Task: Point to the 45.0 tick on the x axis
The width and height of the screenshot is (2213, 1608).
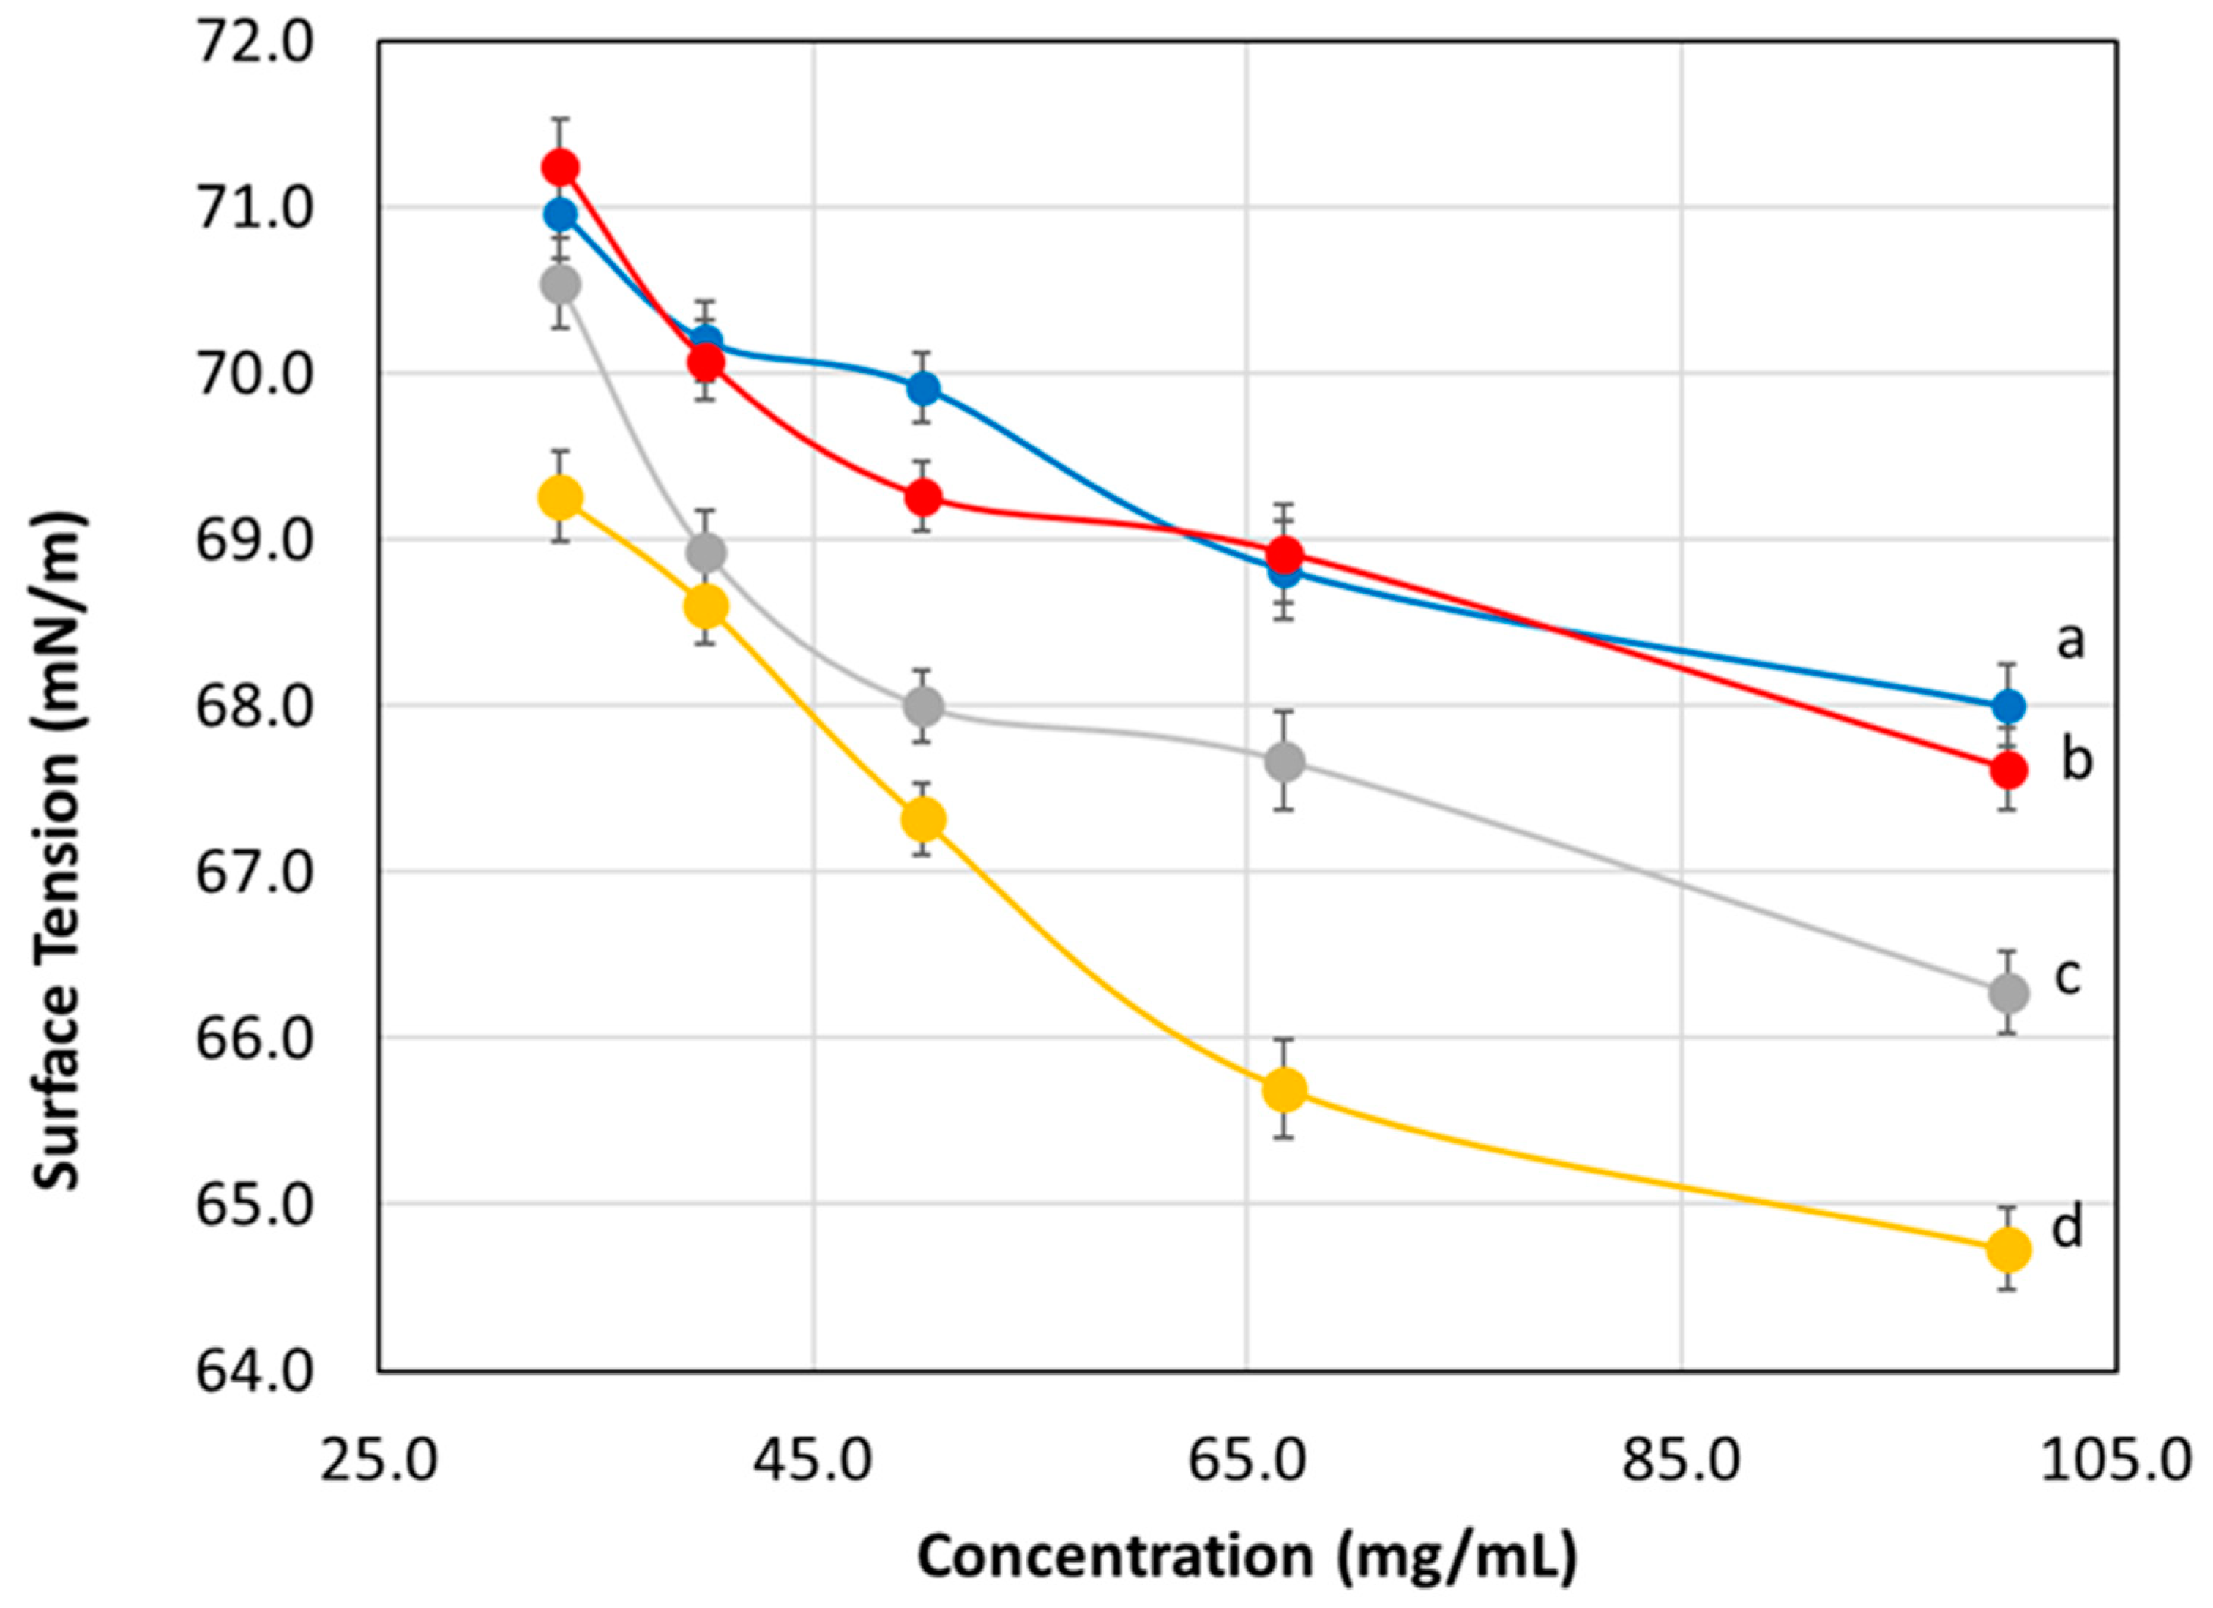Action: (x=813, y=1464)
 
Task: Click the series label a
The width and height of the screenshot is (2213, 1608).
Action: (x=2069, y=641)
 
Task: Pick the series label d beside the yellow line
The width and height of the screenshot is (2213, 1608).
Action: (x=2067, y=1227)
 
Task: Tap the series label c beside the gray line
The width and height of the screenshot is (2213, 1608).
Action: (x=2067, y=976)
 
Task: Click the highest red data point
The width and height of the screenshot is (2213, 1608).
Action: (x=560, y=168)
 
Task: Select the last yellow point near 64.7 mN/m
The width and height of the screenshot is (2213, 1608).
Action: (x=2008, y=1249)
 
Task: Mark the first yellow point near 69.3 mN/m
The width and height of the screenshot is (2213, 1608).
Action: (x=560, y=498)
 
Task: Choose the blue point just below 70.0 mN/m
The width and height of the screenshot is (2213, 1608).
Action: (x=923, y=389)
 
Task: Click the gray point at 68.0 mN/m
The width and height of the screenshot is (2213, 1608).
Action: (x=923, y=706)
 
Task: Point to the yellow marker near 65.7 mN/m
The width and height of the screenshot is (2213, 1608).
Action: (x=1285, y=1090)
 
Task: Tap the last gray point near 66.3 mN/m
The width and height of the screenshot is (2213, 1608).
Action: (x=2008, y=993)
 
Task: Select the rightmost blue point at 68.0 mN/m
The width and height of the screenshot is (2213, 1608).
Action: (x=2008, y=706)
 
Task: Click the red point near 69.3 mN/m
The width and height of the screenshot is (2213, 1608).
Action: (x=923, y=498)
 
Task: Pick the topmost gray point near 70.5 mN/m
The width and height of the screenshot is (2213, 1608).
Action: (x=560, y=285)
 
